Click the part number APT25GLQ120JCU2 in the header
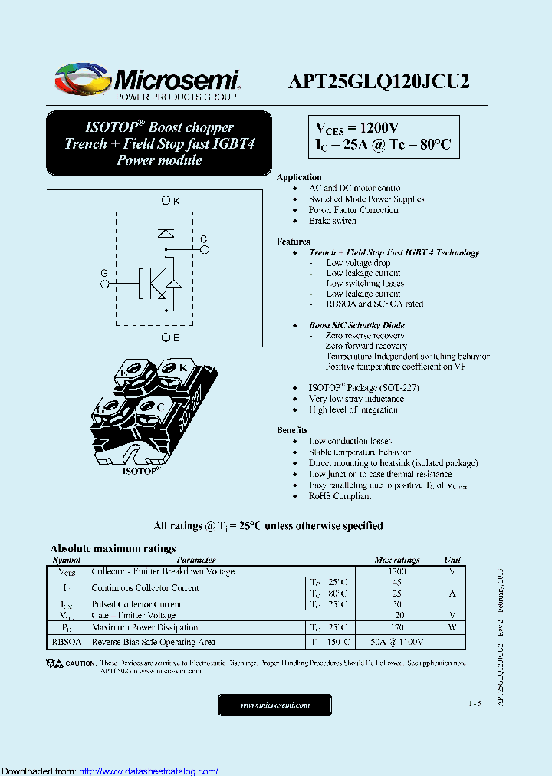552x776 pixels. coord(379,82)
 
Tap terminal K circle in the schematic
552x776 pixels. coord(166,201)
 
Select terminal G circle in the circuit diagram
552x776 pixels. coord(105,283)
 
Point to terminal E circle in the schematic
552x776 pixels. coord(166,337)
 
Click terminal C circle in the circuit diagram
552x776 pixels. coord(204,249)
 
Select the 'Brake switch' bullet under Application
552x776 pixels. coord(332,221)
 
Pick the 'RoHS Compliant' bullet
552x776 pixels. coord(340,496)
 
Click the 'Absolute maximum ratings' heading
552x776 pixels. coord(113,548)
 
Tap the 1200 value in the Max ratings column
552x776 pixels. coord(396,571)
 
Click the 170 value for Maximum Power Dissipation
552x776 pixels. coord(396,627)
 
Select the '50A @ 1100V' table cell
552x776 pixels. coord(396,642)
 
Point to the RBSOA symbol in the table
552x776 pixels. coord(66,642)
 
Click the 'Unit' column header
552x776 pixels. coord(452,561)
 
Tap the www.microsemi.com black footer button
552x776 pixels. coord(274,705)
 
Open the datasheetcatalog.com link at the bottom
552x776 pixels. coord(149,771)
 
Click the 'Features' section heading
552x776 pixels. coord(293,242)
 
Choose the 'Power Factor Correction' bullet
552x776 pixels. coord(353,210)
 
